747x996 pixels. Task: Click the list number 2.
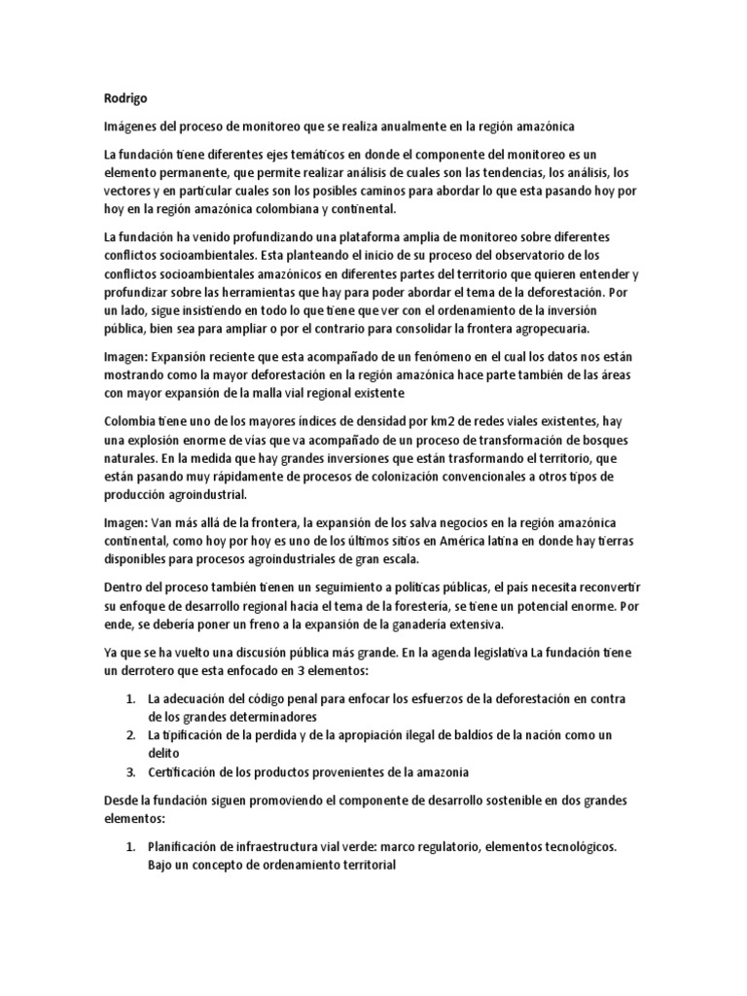(131, 734)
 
